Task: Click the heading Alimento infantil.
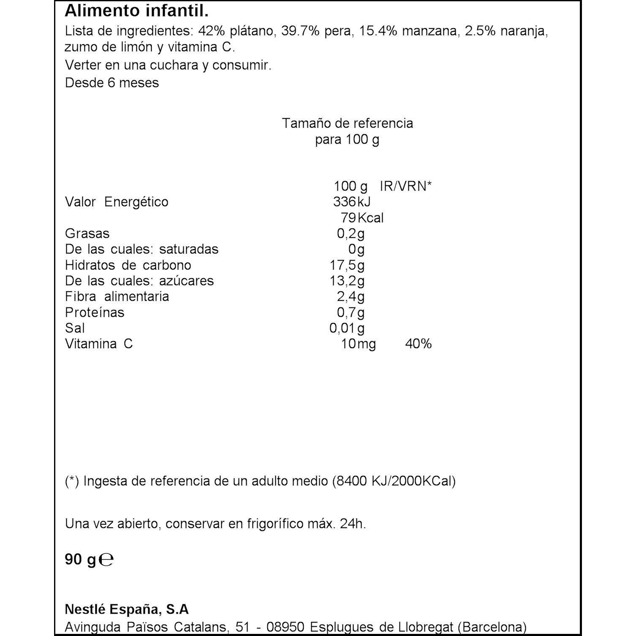(x=136, y=12)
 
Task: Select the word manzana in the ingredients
(x=430, y=32)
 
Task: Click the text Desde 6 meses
(x=112, y=83)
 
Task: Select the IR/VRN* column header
(x=405, y=186)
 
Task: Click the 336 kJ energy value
(x=352, y=202)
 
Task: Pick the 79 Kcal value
(x=362, y=218)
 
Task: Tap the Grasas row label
(x=87, y=234)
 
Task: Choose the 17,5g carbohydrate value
(x=347, y=265)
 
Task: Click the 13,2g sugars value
(x=347, y=281)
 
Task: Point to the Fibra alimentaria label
(x=117, y=296)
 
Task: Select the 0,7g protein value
(x=351, y=313)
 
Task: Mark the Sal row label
(x=75, y=328)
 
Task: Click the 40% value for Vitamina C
(x=418, y=344)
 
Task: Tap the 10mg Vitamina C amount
(x=358, y=344)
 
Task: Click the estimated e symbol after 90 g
(x=107, y=560)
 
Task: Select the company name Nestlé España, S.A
(x=127, y=609)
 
